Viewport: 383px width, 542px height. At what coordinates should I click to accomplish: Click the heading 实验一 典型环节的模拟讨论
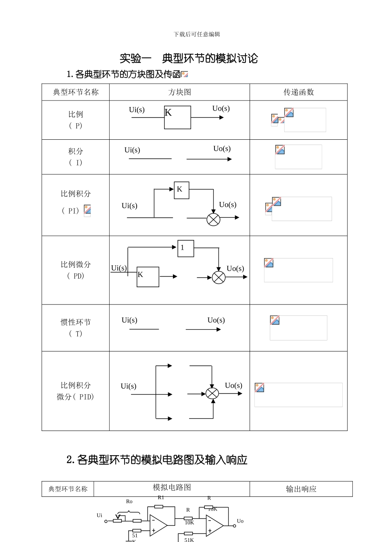(189, 59)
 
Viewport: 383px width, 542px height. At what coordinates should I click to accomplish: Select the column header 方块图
(179, 92)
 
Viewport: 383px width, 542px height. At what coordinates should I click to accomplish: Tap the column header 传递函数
(298, 92)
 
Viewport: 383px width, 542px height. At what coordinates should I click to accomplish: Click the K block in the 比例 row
(177, 118)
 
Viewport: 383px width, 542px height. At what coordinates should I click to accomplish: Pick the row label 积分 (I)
(75, 157)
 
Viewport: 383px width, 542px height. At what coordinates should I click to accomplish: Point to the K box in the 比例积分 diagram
(181, 190)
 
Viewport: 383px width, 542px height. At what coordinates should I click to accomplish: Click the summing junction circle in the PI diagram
(213, 219)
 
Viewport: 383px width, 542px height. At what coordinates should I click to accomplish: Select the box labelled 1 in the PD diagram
(185, 248)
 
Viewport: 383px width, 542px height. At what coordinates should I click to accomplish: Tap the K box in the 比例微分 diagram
(148, 277)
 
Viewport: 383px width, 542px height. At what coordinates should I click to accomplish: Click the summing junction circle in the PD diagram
(219, 277)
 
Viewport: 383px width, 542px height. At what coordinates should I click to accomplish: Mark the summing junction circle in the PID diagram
(212, 393)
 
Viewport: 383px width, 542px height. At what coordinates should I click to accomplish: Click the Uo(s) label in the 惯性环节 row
(216, 320)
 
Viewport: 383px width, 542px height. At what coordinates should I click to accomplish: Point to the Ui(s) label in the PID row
(129, 386)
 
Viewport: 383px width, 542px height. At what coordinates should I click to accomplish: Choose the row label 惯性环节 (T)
(75, 328)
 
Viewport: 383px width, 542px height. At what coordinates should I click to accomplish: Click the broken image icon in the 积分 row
(280, 149)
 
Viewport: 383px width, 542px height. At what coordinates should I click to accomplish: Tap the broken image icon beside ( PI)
(87, 210)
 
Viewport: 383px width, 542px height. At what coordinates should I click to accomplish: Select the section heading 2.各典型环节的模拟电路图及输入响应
(157, 460)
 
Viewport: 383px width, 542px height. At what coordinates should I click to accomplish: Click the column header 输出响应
(301, 489)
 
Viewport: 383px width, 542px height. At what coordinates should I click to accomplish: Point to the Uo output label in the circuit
(240, 521)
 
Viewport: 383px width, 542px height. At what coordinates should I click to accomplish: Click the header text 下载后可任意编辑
(197, 34)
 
